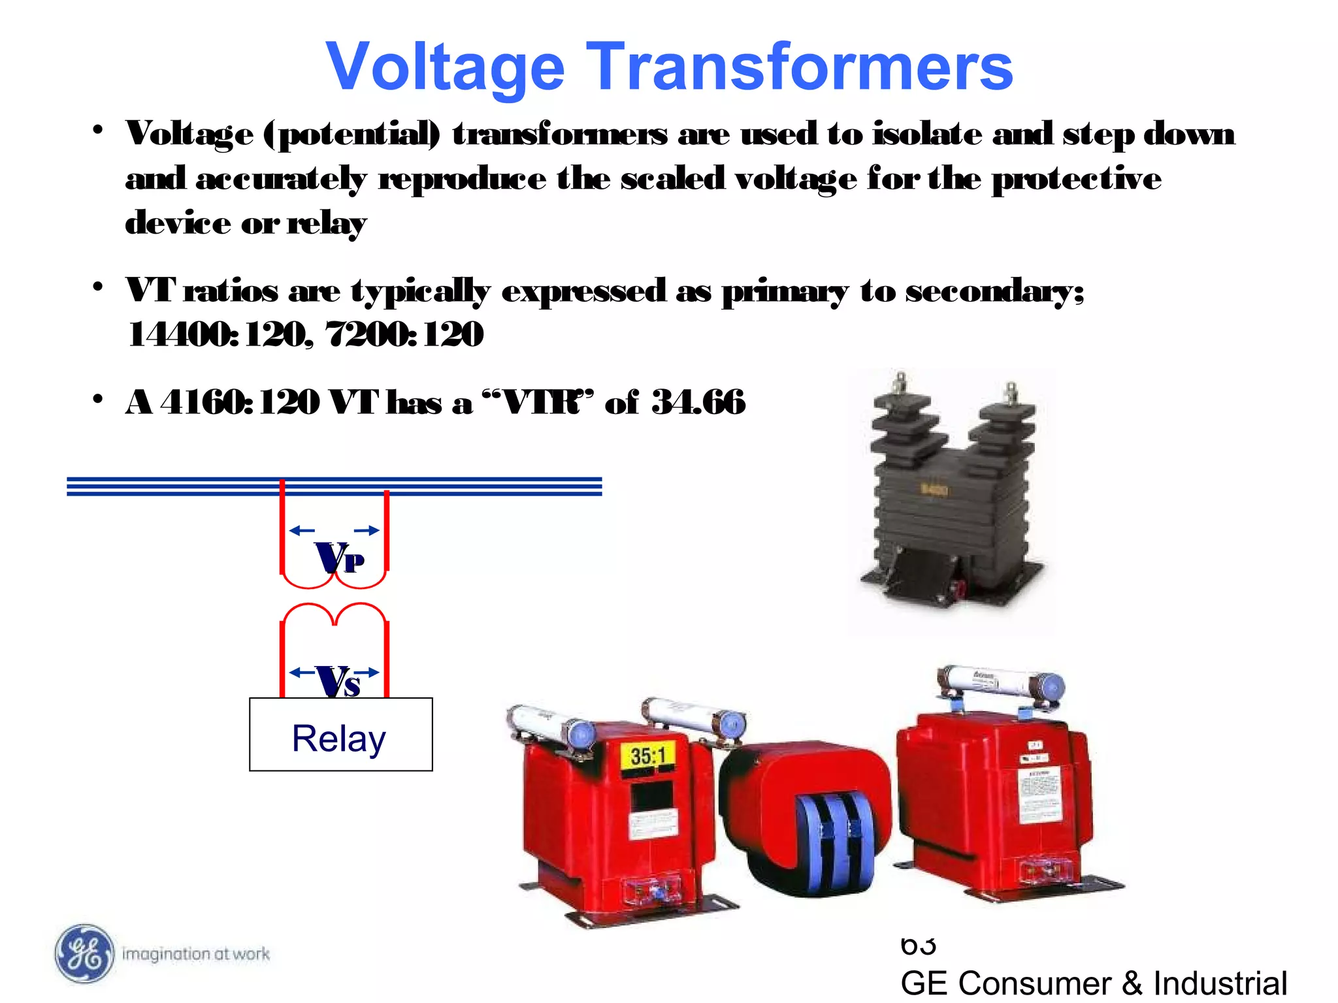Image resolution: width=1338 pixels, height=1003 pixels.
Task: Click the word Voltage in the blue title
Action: pyautogui.click(x=445, y=67)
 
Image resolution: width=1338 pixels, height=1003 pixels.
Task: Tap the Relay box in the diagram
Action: pyautogui.click(x=340, y=735)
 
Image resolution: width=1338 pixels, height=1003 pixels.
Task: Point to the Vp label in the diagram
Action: pyautogui.click(x=339, y=558)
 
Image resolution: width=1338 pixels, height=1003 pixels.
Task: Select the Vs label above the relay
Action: pyautogui.click(x=338, y=682)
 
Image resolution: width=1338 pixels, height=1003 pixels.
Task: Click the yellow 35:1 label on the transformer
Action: pyautogui.click(x=648, y=756)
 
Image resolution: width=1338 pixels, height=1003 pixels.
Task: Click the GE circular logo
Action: pyautogui.click(x=84, y=954)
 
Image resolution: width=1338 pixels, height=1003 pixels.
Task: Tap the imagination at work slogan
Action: pyautogui.click(x=196, y=954)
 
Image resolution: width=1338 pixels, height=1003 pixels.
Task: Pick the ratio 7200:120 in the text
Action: pyautogui.click(x=404, y=334)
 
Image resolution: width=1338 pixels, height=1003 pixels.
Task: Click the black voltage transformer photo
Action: pyautogui.click(x=951, y=496)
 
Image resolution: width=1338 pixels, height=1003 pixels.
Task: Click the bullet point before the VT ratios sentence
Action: pyautogui.click(x=98, y=287)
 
